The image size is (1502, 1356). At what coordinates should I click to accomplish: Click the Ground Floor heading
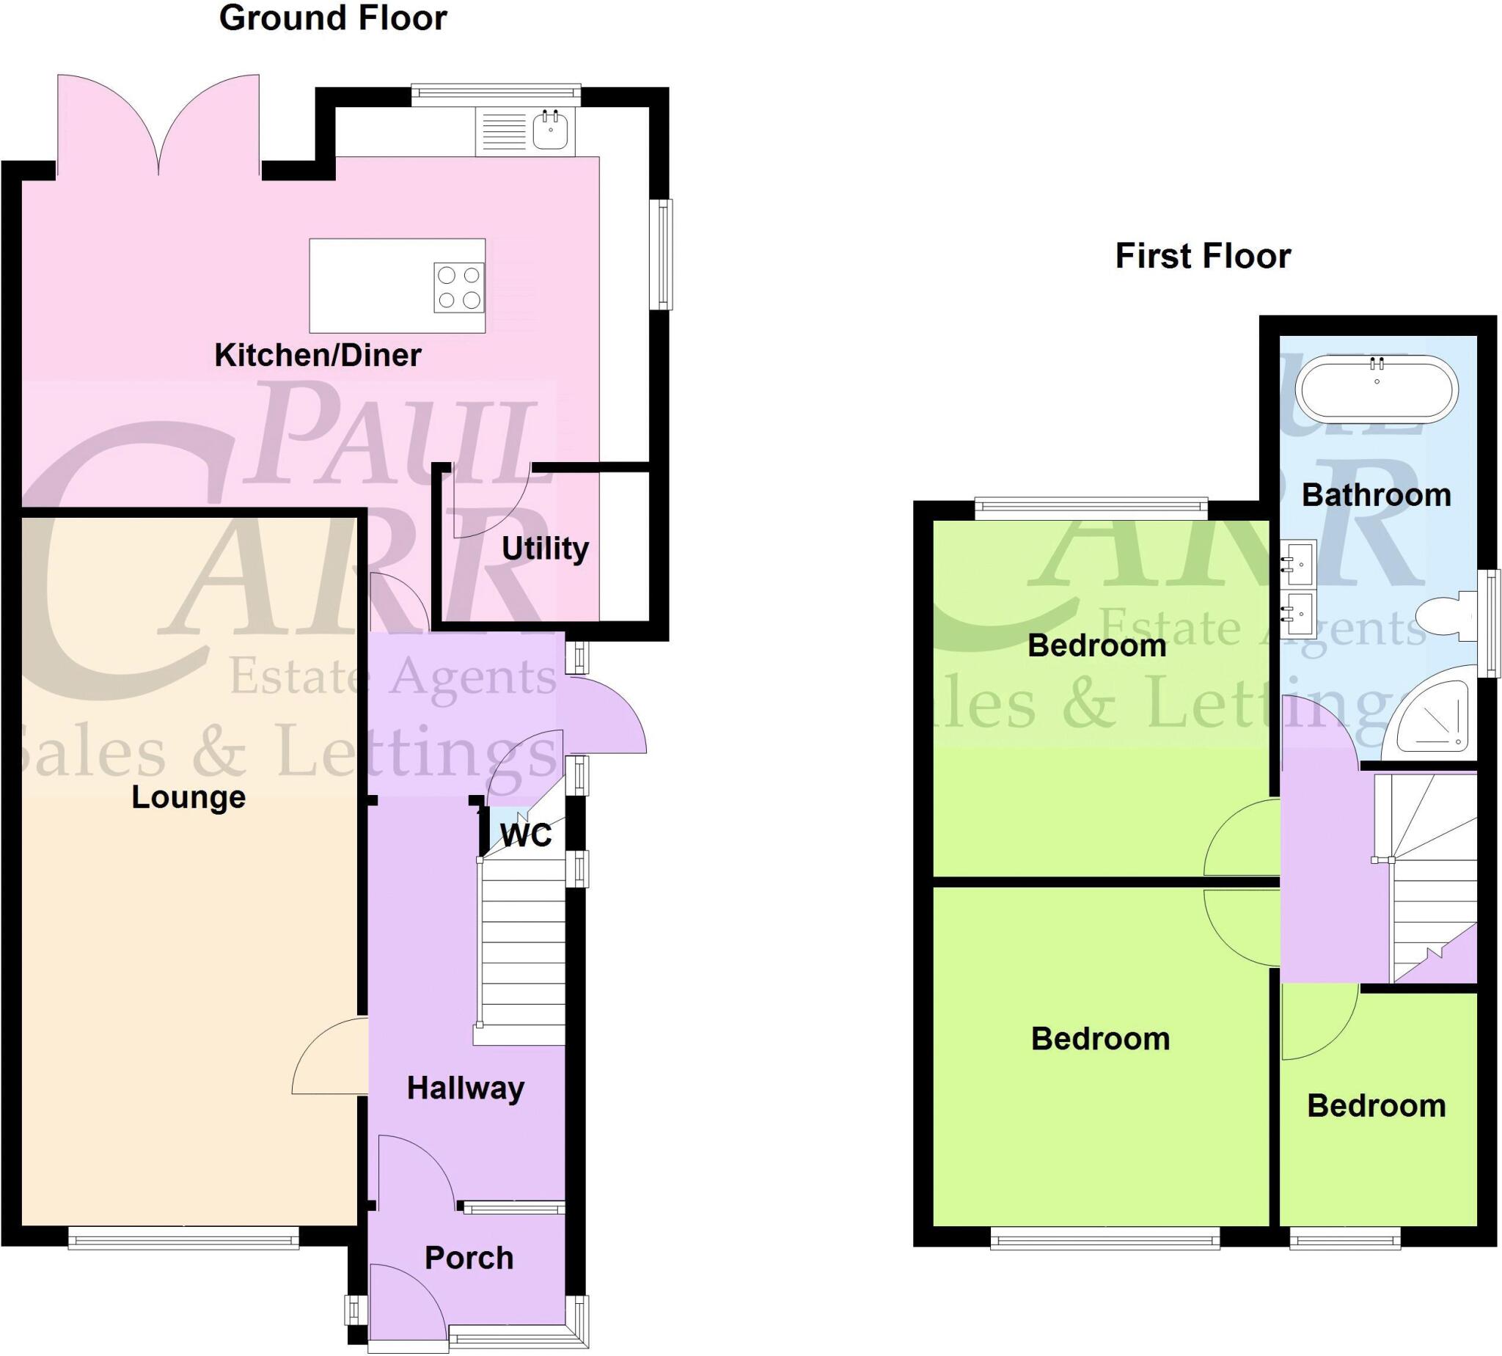(x=332, y=18)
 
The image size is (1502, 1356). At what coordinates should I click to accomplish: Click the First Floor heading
(x=1203, y=256)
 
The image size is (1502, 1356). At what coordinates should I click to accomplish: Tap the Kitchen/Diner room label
(x=318, y=356)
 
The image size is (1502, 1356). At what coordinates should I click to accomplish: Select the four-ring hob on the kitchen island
(x=459, y=287)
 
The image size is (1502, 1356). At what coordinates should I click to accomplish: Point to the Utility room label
(x=545, y=549)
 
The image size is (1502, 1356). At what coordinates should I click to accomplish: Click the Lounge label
(x=188, y=797)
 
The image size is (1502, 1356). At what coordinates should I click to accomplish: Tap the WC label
(x=526, y=836)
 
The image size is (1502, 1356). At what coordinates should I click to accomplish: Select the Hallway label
(x=466, y=1088)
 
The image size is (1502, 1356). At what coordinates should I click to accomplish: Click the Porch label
(x=469, y=1258)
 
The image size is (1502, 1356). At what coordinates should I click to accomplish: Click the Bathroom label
(x=1376, y=496)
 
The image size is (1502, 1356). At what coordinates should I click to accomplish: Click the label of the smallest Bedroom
(x=1376, y=1107)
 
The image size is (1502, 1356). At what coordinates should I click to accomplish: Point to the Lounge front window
(x=183, y=1238)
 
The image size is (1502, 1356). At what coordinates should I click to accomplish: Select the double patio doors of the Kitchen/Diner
(x=158, y=127)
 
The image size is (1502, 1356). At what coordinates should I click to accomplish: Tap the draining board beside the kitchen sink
(x=504, y=132)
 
